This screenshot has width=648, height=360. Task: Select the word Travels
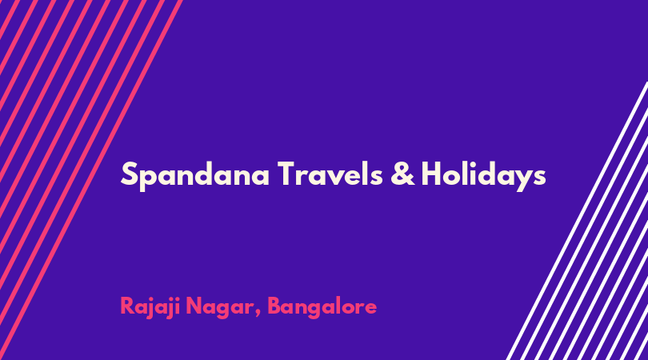[330, 173]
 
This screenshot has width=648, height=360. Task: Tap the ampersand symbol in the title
[402, 173]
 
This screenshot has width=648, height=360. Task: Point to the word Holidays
[483, 175]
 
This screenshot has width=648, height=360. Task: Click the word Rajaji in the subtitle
[150, 306]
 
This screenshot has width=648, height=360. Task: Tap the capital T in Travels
[288, 174]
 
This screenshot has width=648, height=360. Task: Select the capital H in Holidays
[432, 174]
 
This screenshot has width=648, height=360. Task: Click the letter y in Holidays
[522, 181]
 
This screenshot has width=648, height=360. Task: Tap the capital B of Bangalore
[275, 306]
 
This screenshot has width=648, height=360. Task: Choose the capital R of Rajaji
[128, 306]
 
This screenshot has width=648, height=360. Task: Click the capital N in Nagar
[194, 306]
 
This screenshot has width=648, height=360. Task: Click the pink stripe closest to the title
[91, 180]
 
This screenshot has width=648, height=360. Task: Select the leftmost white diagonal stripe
[577, 221]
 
